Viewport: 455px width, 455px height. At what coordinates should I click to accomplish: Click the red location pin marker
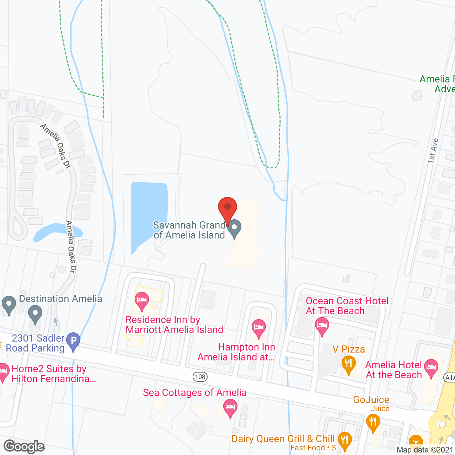pyautogui.click(x=227, y=208)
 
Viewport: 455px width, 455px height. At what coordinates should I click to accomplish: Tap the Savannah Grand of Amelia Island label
pyautogui.click(x=189, y=230)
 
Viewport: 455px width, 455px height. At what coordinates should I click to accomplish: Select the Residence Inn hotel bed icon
pyautogui.click(x=142, y=301)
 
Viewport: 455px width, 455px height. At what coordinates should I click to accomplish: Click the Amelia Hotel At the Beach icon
pyautogui.click(x=431, y=368)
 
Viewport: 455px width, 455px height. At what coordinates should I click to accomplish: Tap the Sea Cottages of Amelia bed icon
pyautogui.click(x=230, y=407)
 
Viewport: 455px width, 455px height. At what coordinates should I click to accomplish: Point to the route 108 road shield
pyautogui.click(x=200, y=377)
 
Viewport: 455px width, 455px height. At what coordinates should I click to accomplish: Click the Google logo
pyautogui.click(x=24, y=447)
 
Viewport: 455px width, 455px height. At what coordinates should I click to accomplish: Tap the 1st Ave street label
pyautogui.click(x=433, y=151)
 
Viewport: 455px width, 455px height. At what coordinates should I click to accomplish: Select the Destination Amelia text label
pyautogui.click(x=60, y=299)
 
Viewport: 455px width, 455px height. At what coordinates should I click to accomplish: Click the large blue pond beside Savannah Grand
pyautogui.click(x=148, y=213)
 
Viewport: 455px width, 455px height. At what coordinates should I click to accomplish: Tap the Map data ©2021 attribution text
pyautogui.click(x=424, y=450)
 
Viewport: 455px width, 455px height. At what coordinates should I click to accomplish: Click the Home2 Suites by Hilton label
pyautogui.click(x=53, y=374)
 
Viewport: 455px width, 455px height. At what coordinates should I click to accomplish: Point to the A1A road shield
pyautogui.click(x=450, y=378)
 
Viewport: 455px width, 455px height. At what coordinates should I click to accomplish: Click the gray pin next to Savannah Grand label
pyautogui.click(x=234, y=228)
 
